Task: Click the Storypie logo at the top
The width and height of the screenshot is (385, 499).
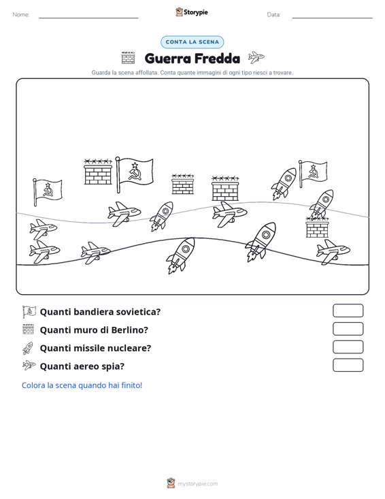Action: [x=192, y=12]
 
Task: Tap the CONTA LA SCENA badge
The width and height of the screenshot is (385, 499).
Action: [x=192, y=42]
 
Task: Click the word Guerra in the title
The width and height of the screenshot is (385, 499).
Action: [x=167, y=59]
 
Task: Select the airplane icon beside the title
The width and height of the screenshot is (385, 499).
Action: [x=256, y=57]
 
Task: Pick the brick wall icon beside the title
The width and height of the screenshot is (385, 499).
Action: [x=128, y=58]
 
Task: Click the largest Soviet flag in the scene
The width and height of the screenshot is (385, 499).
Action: [x=134, y=174]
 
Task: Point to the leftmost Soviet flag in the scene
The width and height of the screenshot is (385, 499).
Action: [x=48, y=192]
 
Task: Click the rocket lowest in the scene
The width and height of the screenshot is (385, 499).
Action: [x=180, y=255]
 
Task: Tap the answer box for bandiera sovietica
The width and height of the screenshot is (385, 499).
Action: [x=348, y=310]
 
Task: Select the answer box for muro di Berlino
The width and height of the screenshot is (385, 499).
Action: [x=348, y=329]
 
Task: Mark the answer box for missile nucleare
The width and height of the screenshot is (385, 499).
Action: [x=348, y=347]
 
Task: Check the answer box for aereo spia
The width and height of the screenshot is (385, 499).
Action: [x=348, y=365]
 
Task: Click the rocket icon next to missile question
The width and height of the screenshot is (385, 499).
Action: [x=28, y=348]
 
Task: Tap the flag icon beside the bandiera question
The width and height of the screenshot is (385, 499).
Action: [x=29, y=312]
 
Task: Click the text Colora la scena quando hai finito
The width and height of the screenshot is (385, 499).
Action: [x=82, y=385]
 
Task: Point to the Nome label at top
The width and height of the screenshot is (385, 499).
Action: [x=21, y=14]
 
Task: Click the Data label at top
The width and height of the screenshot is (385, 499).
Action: [x=273, y=14]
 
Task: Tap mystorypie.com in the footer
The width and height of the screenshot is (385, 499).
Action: [x=198, y=484]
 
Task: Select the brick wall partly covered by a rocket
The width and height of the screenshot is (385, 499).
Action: [x=317, y=227]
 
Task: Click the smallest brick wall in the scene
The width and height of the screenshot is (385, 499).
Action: [x=182, y=184]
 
